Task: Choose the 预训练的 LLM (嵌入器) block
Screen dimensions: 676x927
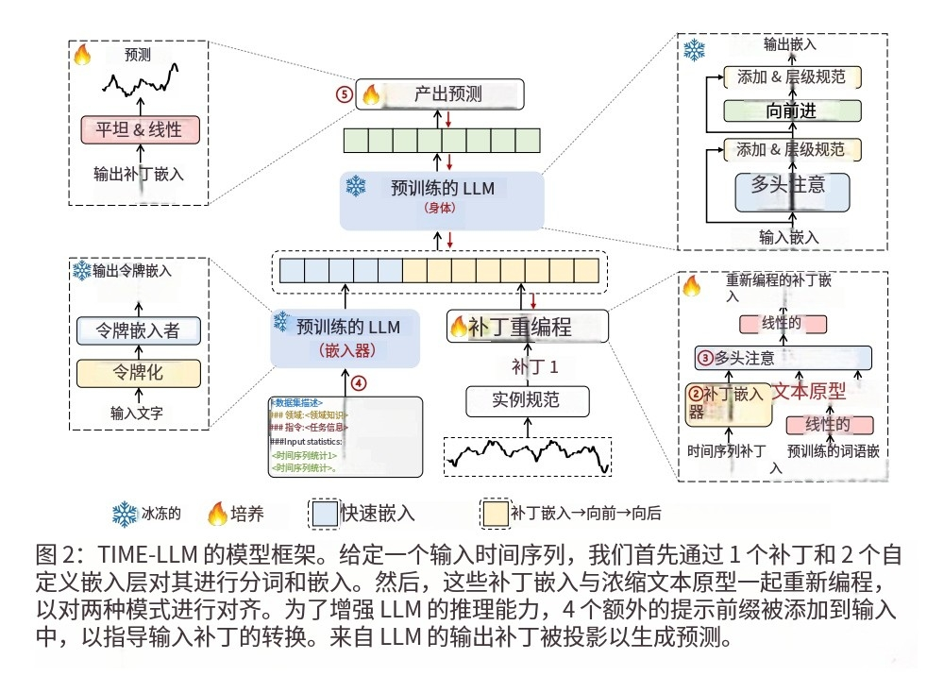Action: click(346, 338)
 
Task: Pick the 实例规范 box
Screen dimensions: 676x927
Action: click(526, 400)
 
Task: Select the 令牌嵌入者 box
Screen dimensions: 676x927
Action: click(139, 330)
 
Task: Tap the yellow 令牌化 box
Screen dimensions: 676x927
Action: click(139, 372)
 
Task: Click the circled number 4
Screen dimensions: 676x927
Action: click(357, 383)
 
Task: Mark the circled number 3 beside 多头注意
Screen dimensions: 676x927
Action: click(705, 358)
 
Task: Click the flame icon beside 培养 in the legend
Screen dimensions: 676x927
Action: click(217, 515)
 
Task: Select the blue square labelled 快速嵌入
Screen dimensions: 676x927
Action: click(324, 515)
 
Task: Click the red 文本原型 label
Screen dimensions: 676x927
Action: click(809, 390)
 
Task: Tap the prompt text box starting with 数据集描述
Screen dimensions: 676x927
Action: click(344, 435)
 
